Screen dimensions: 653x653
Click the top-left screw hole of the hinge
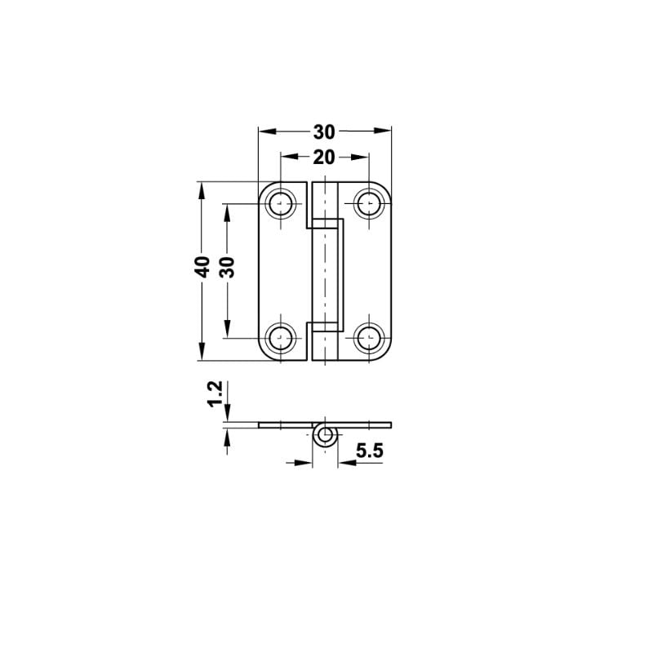tap(282, 202)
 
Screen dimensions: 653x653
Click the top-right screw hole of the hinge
tap(369, 202)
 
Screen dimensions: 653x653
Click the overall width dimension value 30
tap(324, 131)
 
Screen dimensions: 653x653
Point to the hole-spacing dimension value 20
tap(324, 157)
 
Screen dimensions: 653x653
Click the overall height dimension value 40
tap(203, 266)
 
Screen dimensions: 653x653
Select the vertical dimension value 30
tap(229, 266)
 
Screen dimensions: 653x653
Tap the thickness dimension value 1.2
tap(215, 393)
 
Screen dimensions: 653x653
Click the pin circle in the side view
tap(325, 436)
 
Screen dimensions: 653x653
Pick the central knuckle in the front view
tap(326, 269)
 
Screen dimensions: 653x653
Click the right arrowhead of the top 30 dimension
tap(383, 130)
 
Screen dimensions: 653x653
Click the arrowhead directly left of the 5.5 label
tap(344, 462)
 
